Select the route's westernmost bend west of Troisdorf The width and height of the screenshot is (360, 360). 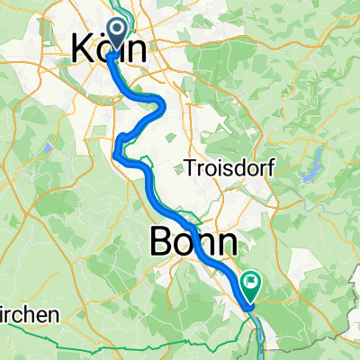tap(117, 148)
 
